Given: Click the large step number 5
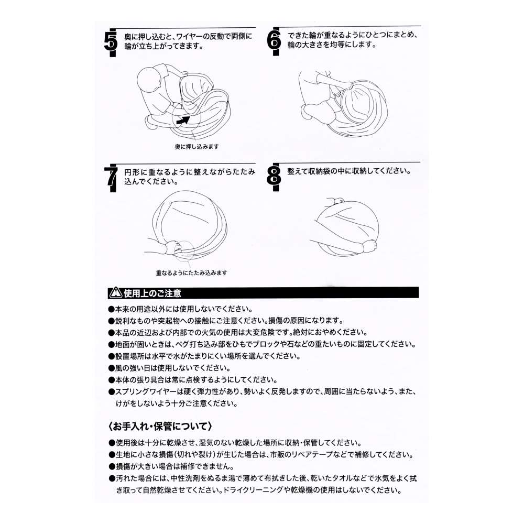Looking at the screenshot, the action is (111, 41).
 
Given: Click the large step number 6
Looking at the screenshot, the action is (274, 40).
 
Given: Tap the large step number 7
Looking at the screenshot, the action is (111, 177).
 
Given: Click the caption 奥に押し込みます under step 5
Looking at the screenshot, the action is (197, 146).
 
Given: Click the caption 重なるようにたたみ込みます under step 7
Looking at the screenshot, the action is (191, 272).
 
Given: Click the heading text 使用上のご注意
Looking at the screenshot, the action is (152, 293).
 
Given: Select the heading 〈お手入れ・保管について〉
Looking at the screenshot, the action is (160, 426).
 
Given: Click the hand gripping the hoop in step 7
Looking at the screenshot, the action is (173, 247).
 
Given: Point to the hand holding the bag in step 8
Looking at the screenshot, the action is (369, 247).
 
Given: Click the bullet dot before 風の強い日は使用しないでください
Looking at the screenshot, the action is (111, 368).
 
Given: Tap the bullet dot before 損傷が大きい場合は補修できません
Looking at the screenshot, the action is (111, 466).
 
